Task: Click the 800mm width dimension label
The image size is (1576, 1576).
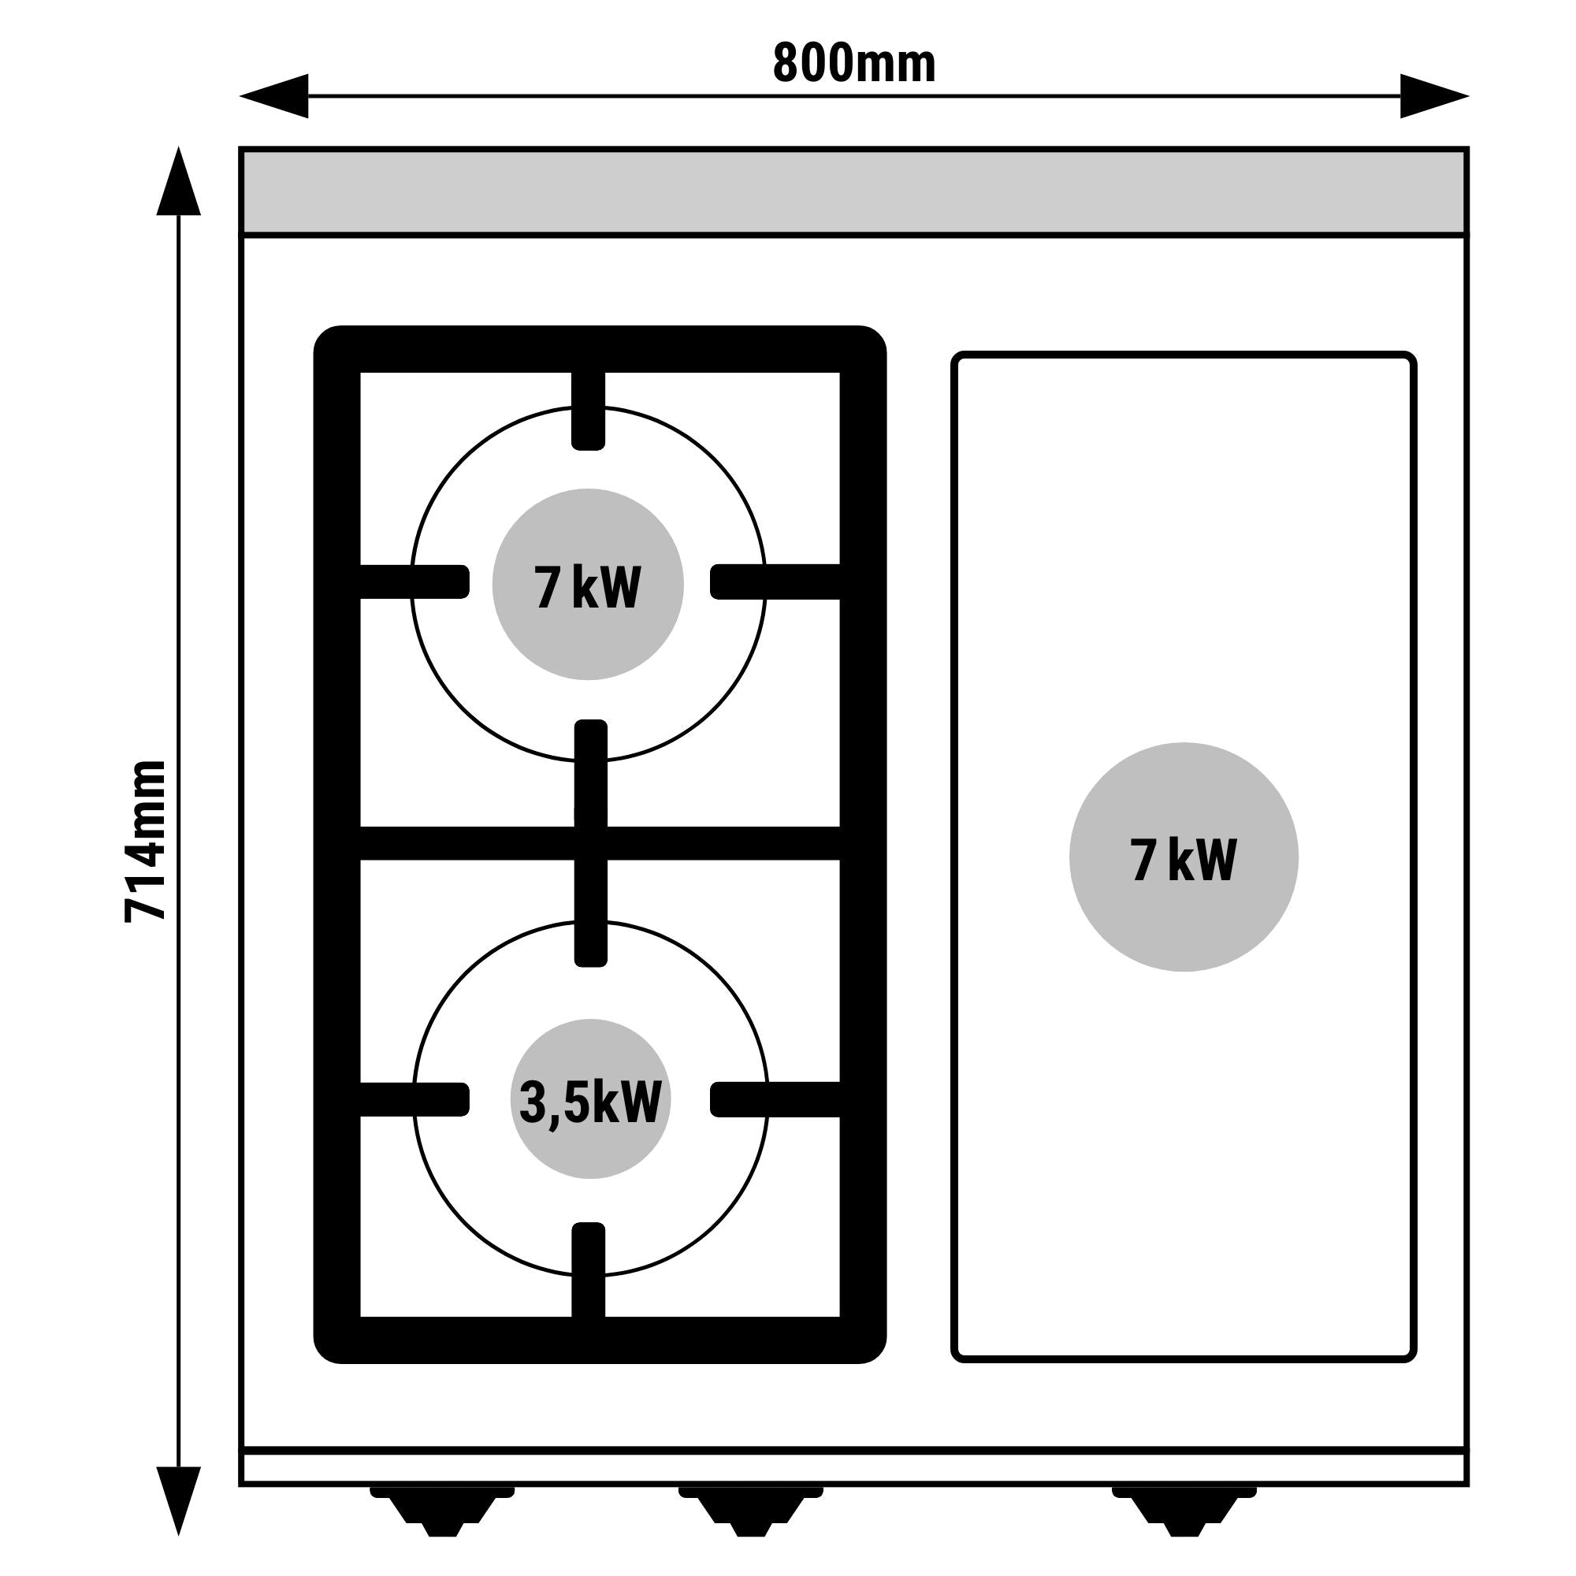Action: tap(853, 64)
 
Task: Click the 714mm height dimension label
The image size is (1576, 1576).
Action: tap(146, 841)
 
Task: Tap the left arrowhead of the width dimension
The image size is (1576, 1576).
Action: tap(275, 96)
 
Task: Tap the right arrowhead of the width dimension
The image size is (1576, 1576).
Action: tap(1434, 96)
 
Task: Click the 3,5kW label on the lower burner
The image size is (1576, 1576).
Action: tap(589, 1102)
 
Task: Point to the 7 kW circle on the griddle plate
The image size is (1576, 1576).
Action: tap(1183, 857)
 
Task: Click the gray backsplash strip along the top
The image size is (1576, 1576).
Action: tap(853, 191)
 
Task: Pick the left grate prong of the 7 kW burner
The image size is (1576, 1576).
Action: tap(415, 582)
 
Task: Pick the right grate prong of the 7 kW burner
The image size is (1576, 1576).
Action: tap(775, 582)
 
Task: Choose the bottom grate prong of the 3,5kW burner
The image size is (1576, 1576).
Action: tap(588, 1281)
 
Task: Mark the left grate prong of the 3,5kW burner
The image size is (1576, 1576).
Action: tap(415, 1098)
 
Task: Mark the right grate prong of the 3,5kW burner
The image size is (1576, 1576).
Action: tap(775, 1098)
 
